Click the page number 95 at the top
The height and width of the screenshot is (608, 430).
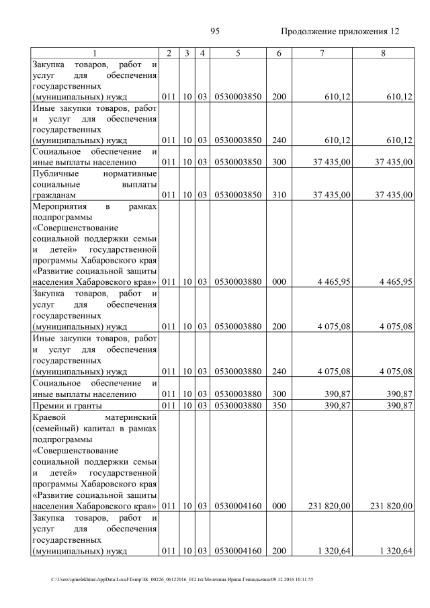(216, 32)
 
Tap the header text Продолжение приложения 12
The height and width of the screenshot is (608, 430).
(340, 32)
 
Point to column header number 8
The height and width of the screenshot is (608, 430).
(383, 53)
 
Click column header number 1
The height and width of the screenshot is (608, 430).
(95, 53)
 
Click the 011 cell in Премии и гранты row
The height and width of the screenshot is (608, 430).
(170, 405)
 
